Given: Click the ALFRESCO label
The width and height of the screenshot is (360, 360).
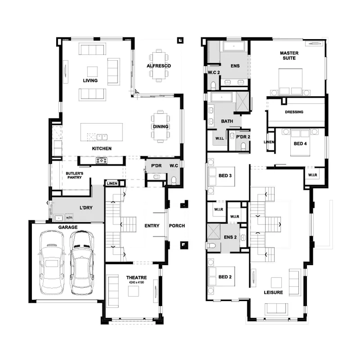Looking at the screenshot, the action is (x=159, y=66).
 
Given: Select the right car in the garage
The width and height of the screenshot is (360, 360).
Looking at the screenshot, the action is (x=82, y=263).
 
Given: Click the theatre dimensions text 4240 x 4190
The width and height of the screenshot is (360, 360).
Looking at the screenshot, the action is (x=136, y=283).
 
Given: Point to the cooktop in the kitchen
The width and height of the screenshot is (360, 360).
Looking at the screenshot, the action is (x=102, y=161).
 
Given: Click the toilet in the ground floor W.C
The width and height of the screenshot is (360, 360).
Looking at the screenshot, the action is (x=174, y=180).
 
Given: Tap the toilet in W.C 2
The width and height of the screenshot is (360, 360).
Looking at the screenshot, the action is (x=213, y=85).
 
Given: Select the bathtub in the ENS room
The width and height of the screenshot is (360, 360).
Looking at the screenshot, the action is (x=234, y=46).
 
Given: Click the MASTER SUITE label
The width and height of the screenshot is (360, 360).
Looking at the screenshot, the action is (x=289, y=55).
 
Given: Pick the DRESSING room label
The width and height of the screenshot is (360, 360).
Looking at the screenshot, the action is (x=294, y=112).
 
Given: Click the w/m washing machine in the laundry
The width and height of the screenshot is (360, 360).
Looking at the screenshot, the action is (x=69, y=217).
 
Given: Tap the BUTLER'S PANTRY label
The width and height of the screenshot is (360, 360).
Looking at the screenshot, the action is (x=74, y=175).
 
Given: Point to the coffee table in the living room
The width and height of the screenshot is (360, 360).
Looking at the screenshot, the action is (x=92, y=72).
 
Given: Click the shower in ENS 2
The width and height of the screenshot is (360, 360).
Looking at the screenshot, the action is (x=214, y=231).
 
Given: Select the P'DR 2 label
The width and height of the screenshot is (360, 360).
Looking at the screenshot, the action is (x=243, y=137).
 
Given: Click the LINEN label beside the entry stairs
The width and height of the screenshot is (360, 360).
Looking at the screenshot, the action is (x=112, y=184).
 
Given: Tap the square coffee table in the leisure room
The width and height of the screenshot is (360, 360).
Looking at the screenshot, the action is (x=276, y=283).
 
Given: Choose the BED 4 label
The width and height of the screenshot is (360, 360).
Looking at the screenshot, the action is (x=300, y=144).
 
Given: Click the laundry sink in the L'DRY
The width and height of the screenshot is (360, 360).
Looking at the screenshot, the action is (x=59, y=217).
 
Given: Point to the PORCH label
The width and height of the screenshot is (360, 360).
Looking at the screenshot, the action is (x=177, y=226).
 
